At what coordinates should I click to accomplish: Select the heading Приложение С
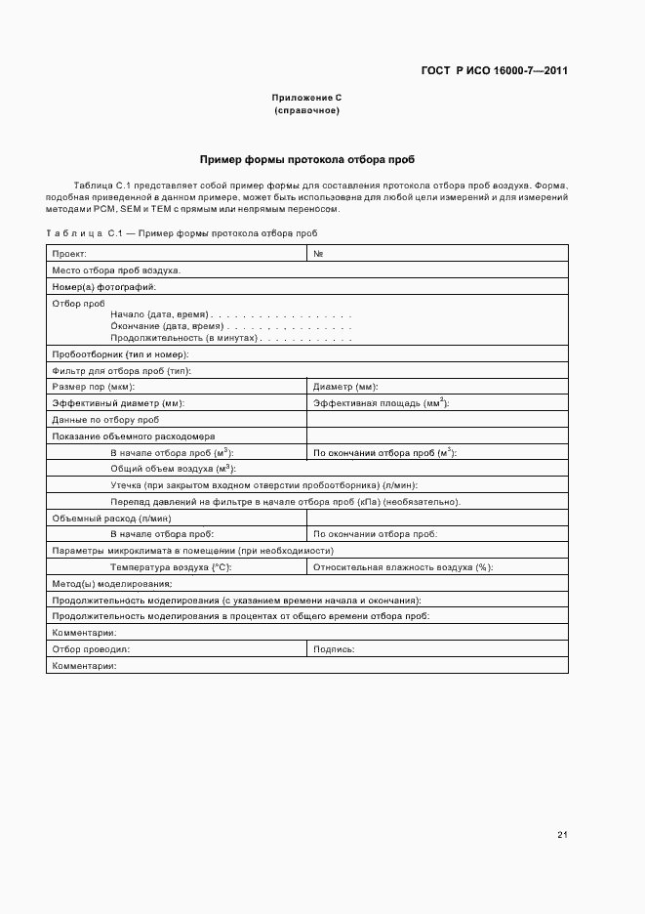306,98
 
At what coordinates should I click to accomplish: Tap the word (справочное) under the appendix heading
306,110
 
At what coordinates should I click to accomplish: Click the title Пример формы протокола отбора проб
306,158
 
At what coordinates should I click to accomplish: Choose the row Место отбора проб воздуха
116,270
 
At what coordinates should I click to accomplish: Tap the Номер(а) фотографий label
103,287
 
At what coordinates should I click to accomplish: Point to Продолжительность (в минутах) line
183,338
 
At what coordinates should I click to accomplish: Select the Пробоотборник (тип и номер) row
120,354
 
